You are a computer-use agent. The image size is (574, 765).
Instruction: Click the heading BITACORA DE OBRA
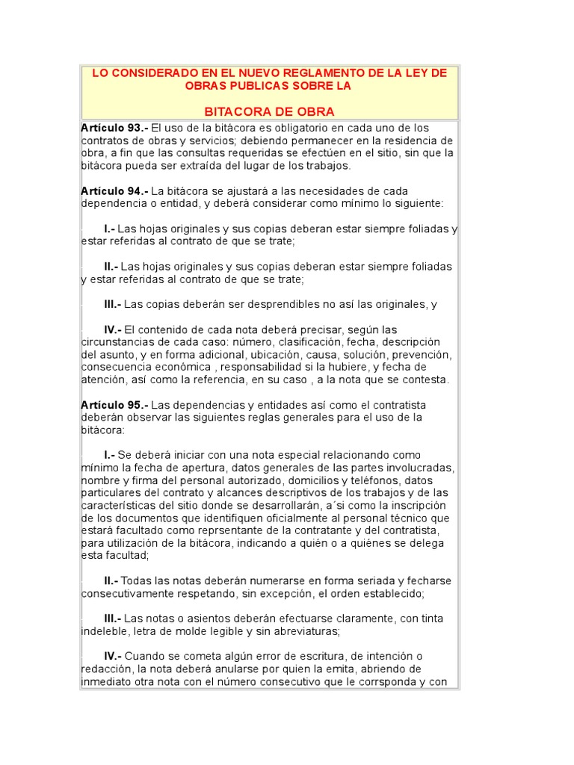tap(269, 111)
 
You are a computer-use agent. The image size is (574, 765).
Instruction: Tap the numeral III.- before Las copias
tap(112, 304)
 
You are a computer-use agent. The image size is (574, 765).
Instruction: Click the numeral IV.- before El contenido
tap(112, 329)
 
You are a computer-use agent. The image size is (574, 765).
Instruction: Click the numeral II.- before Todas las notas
tap(111, 580)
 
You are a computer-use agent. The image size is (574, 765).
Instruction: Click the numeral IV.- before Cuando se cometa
tap(112, 655)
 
